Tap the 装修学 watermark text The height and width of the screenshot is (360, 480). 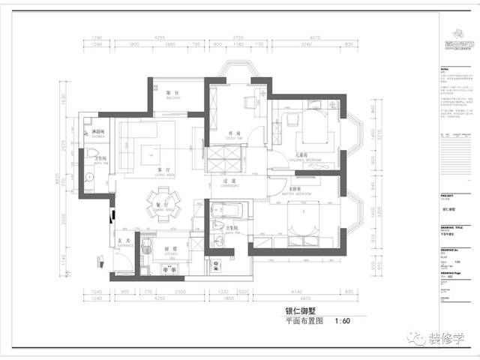tap(445, 339)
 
